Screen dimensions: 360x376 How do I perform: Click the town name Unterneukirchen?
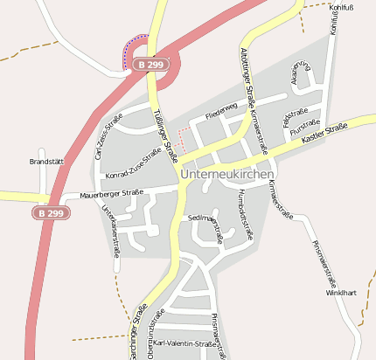click(233, 174)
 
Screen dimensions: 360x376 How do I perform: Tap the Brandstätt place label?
click(49, 162)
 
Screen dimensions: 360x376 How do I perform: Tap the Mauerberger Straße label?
click(110, 193)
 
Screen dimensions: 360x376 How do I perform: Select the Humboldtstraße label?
click(244, 213)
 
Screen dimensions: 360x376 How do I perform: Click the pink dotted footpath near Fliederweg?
click(180, 136)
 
